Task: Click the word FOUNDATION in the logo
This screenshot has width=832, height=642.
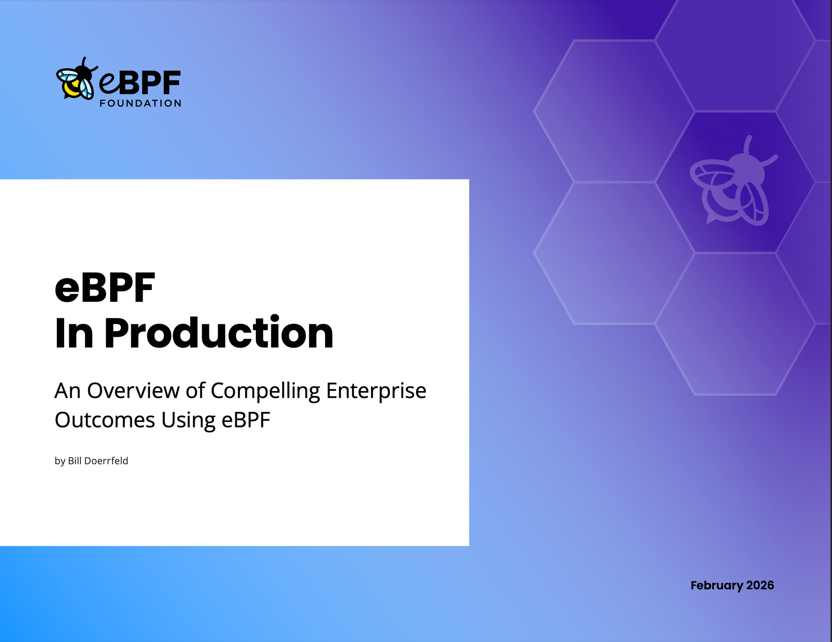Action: pos(140,104)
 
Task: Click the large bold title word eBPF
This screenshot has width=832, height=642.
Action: pos(105,287)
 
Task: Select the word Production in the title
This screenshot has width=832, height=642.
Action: pos(219,333)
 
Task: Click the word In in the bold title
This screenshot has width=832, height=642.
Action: pos(74,333)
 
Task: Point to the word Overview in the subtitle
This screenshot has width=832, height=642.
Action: pos(133,391)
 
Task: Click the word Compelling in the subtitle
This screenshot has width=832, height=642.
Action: pos(265,391)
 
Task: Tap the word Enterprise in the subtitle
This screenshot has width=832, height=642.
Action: pos(376,391)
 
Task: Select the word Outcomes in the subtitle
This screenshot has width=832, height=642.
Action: pos(105,420)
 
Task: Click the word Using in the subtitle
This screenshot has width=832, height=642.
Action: pos(188,420)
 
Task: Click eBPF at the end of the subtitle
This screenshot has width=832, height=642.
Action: pos(246,420)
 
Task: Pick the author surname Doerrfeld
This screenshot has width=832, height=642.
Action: pos(106,461)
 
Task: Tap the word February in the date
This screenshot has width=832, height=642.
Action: pos(717,586)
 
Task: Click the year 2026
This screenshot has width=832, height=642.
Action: pos(760,586)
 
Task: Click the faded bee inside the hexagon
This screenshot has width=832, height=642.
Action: pos(732,184)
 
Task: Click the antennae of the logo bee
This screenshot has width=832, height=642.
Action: pos(87,63)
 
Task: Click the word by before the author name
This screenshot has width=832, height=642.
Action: pos(60,461)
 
